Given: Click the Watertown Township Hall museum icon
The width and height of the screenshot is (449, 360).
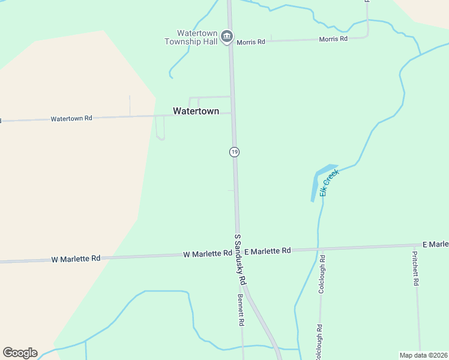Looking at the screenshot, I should click(227, 37).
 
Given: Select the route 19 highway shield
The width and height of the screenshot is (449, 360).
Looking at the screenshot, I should click(234, 152).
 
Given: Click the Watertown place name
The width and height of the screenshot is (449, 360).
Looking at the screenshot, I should click(196, 111).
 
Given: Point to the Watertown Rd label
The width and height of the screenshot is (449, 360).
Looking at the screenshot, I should click(71, 119).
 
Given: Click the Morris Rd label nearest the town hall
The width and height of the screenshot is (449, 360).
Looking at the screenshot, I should click(251, 42).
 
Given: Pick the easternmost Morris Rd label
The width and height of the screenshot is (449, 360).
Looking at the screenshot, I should click(333, 39).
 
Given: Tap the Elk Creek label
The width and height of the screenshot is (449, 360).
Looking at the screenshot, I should click(330, 182).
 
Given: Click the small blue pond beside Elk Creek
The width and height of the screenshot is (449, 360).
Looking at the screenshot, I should click(319, 181).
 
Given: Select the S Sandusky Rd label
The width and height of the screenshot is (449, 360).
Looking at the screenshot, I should click(240, 259).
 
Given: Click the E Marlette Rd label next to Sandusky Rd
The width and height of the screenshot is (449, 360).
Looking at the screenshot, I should click(268, 250).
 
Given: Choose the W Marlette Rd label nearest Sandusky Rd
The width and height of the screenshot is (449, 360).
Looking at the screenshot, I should click(207, 254).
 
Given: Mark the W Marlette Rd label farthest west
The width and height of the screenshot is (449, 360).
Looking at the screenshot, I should click(76, 259).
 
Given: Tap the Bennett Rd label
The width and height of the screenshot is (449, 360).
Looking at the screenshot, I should click(241, 309).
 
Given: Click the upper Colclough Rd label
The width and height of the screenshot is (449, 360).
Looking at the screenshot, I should click(322, 274).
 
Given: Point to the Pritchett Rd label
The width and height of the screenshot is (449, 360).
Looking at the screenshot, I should click(415, 268).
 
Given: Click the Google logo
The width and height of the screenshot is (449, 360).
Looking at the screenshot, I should click(20, 353).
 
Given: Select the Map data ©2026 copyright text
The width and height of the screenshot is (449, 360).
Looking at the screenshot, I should click(423, 355).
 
